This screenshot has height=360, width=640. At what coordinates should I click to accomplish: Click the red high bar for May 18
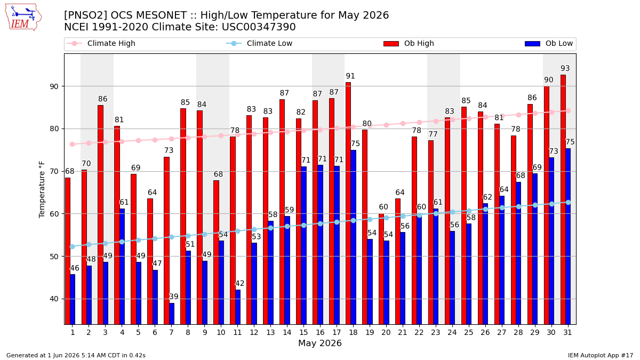coord(348,203)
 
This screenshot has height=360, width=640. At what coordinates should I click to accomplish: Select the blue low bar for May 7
coord(172,314)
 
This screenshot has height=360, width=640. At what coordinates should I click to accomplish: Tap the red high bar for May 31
coord(563,199)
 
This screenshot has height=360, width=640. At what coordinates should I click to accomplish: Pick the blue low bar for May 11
coord(238,307)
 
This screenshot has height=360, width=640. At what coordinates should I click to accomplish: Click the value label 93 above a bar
coord(565,69)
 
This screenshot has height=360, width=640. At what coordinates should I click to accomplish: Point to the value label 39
coord(174,297)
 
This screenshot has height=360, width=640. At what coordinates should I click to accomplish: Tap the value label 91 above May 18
coord(350,76)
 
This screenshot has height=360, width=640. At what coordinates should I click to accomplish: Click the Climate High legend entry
coord(101,43)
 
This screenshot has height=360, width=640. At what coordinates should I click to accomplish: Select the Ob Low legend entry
coord(549,43)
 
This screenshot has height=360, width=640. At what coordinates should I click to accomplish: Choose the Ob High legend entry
coord(409,43)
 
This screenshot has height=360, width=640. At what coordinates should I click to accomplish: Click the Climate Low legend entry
coord(259,43)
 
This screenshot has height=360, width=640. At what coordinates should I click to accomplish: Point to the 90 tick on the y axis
coord(54,86)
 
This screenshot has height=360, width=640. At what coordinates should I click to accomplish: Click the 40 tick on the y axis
coord(54,299)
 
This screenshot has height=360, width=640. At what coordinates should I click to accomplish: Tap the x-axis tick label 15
coord(303,333)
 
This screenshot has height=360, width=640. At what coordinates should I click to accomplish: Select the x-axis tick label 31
coord(567,333)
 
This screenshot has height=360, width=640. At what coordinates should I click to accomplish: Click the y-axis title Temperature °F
coord(42,189)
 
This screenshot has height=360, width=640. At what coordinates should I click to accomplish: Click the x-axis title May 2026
coord(320,343)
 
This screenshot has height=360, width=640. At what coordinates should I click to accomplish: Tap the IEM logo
coord(23,17)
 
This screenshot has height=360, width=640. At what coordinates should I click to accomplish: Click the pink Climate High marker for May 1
coord(73,145)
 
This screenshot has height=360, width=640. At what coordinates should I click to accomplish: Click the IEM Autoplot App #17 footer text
coord(601,355)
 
